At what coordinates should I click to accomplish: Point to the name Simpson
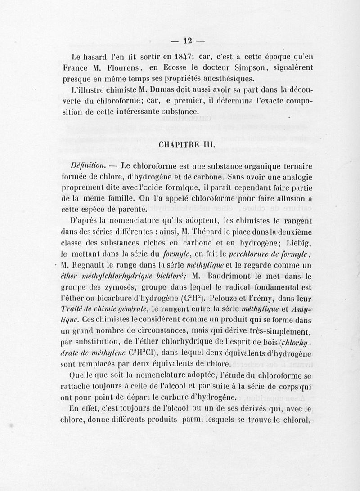[x=246, y=68]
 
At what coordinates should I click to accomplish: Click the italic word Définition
[x=88, y=165]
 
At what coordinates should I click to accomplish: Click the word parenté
[x=128, y=209]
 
